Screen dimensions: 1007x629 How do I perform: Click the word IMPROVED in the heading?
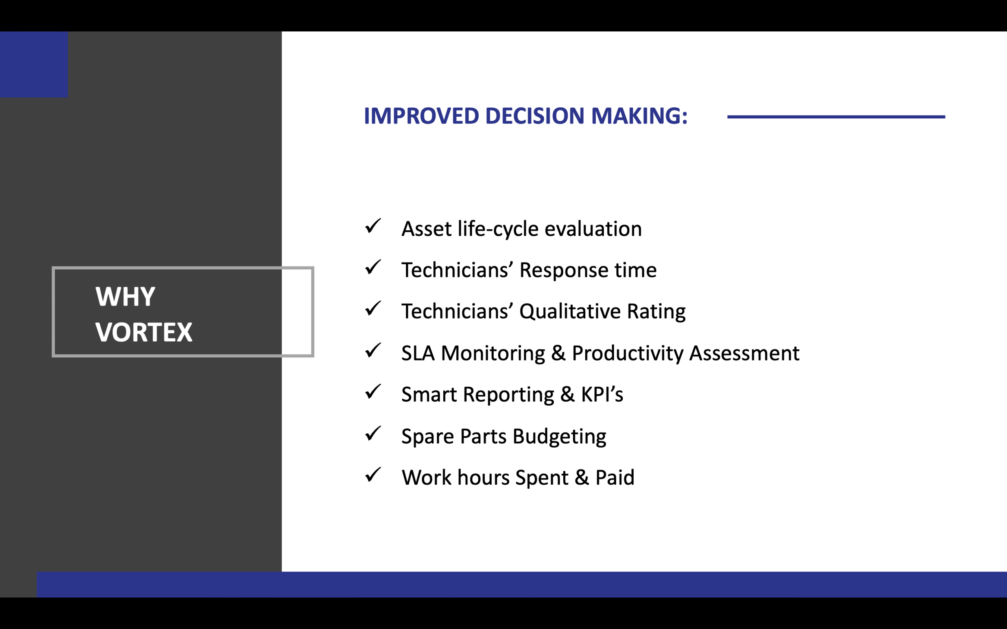(422, 116)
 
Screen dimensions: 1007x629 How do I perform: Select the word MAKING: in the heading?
(639, 116)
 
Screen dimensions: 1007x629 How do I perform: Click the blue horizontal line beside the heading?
(836, 117)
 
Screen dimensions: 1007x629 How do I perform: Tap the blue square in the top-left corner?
(34, 64)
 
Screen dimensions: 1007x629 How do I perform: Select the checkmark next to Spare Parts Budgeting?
(373, 434)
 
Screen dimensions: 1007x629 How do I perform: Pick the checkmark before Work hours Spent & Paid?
(373, 475)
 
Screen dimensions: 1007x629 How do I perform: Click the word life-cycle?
(498, 229)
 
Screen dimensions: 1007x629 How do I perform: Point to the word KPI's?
(602, 394)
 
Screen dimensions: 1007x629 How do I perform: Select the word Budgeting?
(559, 437)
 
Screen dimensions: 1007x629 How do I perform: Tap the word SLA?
(418, 353)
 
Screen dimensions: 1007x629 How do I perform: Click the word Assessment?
(744, 353)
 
